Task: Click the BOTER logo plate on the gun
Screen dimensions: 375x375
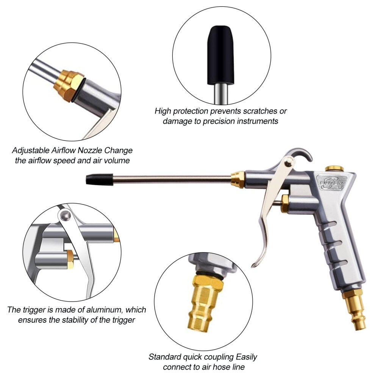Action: [x=331, y=183]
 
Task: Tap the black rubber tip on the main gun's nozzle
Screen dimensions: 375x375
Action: [x=99, y=180]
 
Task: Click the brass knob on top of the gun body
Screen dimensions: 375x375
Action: [x=334, y=168]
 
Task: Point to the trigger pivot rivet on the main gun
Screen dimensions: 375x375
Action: [x=289, y=162]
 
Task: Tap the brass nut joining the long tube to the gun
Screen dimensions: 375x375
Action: [x=238, y=179]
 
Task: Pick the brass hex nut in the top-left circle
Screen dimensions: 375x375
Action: [x=68, y=83]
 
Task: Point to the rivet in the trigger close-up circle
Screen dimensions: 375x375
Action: [x=65, y=216]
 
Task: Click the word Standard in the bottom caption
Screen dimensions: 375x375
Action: [x=165, y=357]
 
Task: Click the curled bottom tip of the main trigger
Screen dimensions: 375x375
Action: [x=254, y=265]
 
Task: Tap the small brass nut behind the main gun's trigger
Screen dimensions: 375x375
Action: [x=284, y=203]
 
